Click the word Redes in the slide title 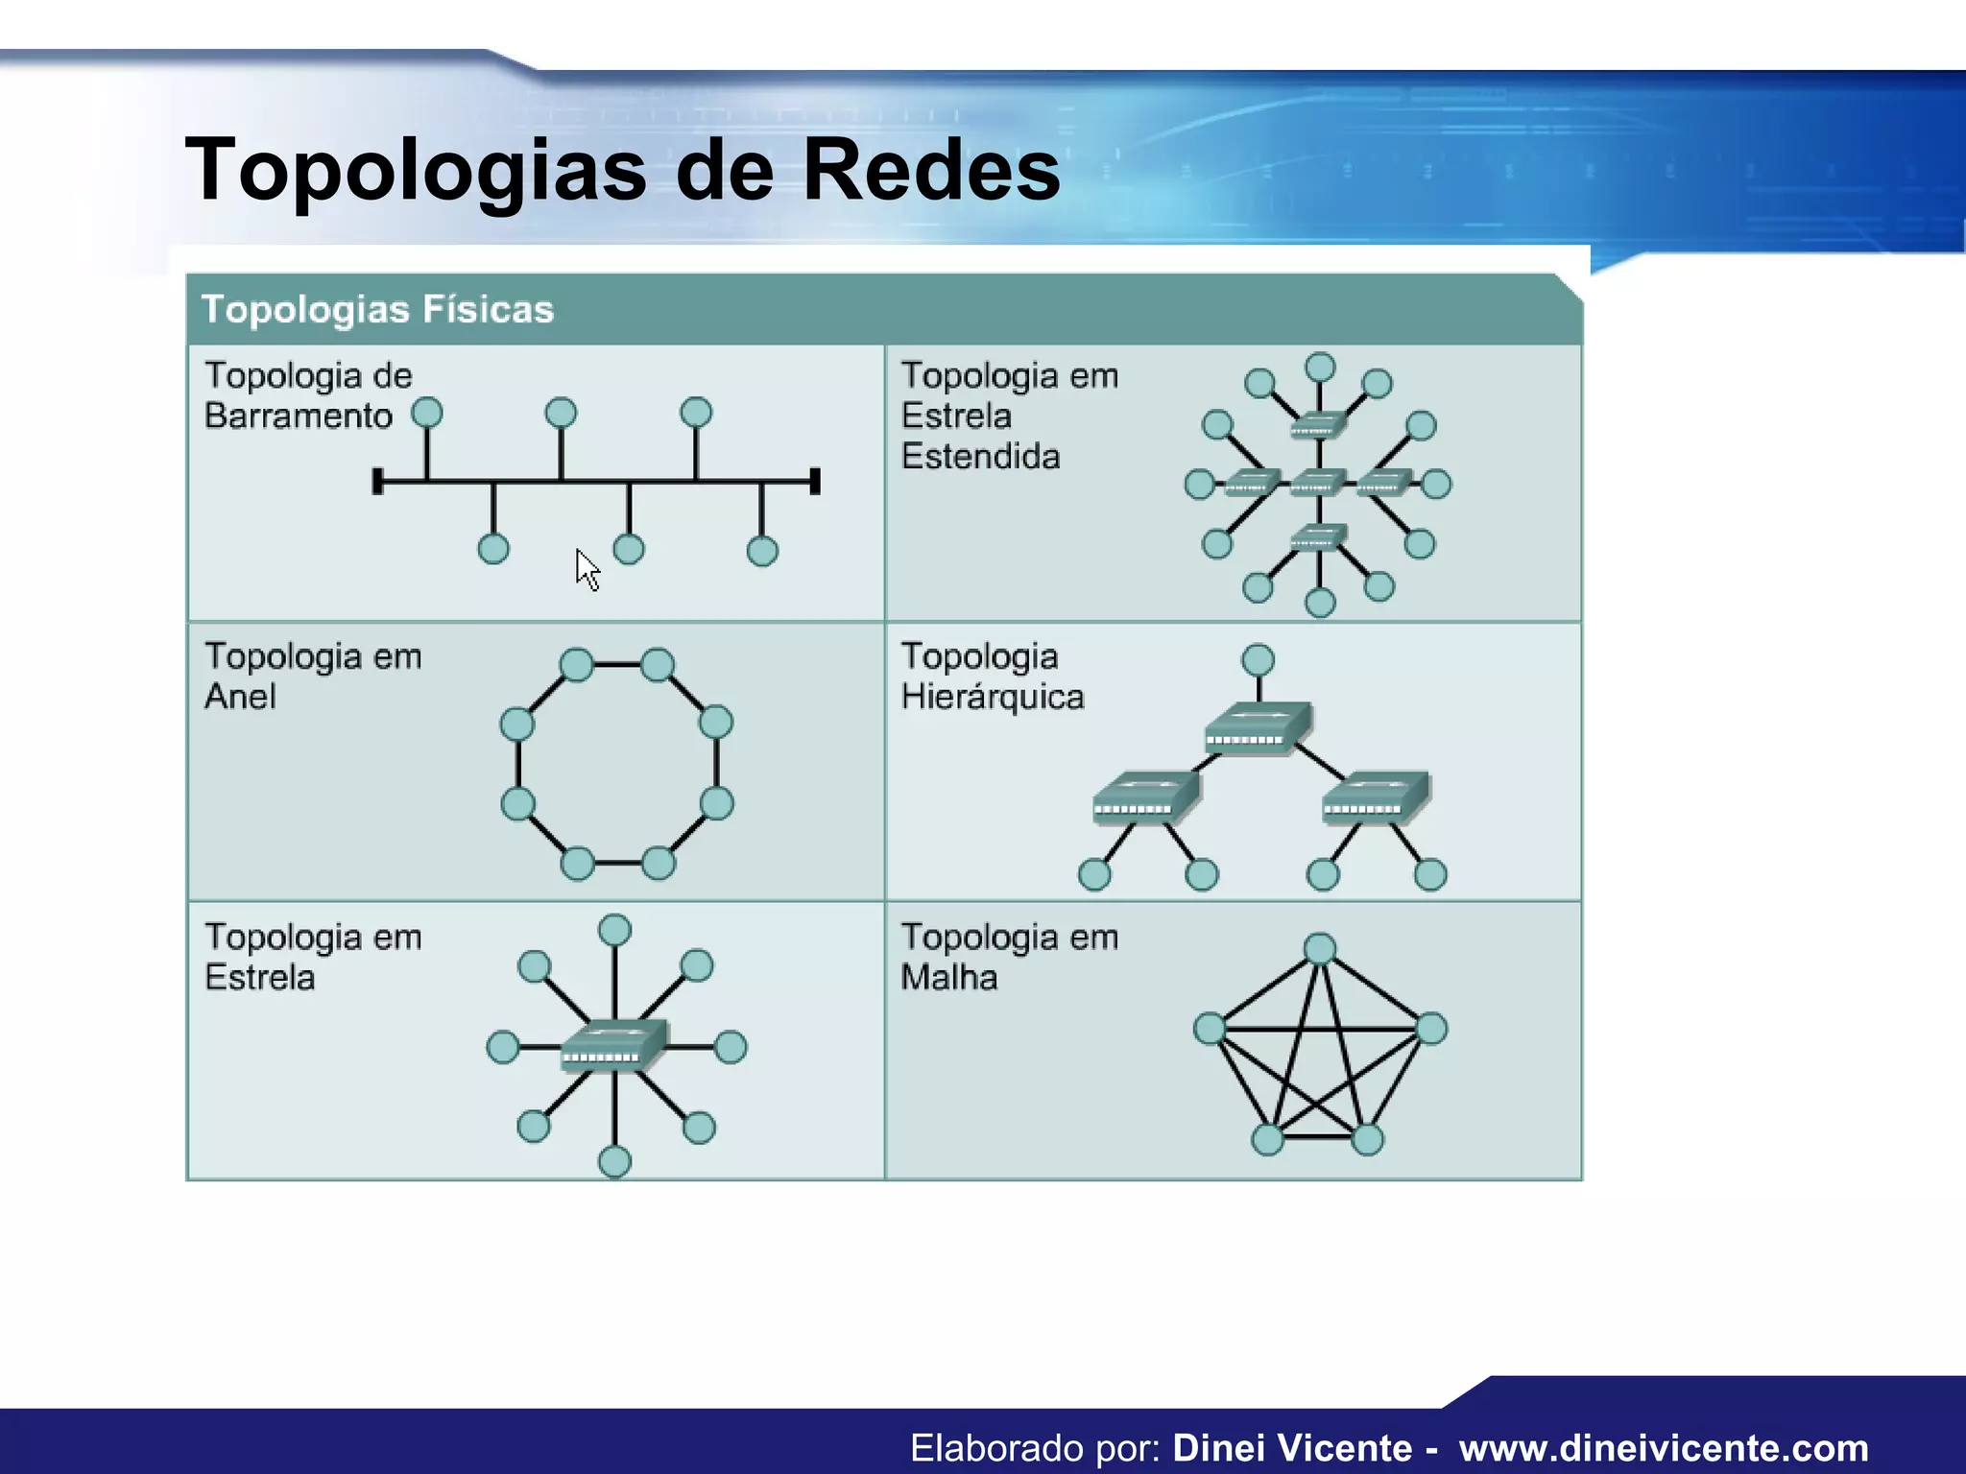click(930, 170)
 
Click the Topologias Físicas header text click(377, 310)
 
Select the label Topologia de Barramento click(307, 395)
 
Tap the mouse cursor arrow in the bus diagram click(587, 568)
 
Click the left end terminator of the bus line click(378, 482)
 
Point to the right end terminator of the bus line click(815, 482)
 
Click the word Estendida click(980, 457)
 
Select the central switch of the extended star click(1319, 483)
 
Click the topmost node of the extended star click(1321, 368)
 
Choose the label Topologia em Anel click(313, 676)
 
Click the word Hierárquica click(993, 697)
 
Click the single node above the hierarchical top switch click(1258, 660)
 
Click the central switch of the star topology click(613, 1046)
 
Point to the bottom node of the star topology click(614, 1162)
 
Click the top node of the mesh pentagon click(1320, 949)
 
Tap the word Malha click(949, 978)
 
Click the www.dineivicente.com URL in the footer click(1664, 1447)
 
